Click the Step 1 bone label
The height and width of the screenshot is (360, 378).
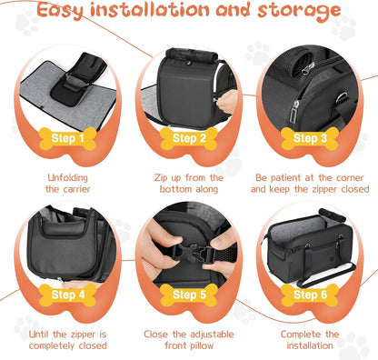[x=69, y=139]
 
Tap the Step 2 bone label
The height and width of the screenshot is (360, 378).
[x=189, y=139]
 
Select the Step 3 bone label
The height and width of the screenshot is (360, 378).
[x=309, y=139]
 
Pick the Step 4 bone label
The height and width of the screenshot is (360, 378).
[x=69, y=295]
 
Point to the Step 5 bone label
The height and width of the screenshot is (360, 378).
[x=189, y=295]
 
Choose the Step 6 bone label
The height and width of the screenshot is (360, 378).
[x=309, y=295]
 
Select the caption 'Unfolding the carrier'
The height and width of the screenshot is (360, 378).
[x=69, y=184]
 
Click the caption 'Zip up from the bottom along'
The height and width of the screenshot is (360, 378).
[x=189, y=184]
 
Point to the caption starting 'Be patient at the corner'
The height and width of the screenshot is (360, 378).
[x=309, y=184]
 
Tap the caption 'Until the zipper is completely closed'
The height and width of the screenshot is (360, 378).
[x=69, y=339]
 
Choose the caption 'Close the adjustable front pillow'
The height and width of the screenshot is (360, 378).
[x=189, y=339]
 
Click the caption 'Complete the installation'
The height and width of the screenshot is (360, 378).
[x=309, y=339]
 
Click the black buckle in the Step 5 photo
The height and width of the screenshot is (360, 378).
[x=190, y=251]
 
